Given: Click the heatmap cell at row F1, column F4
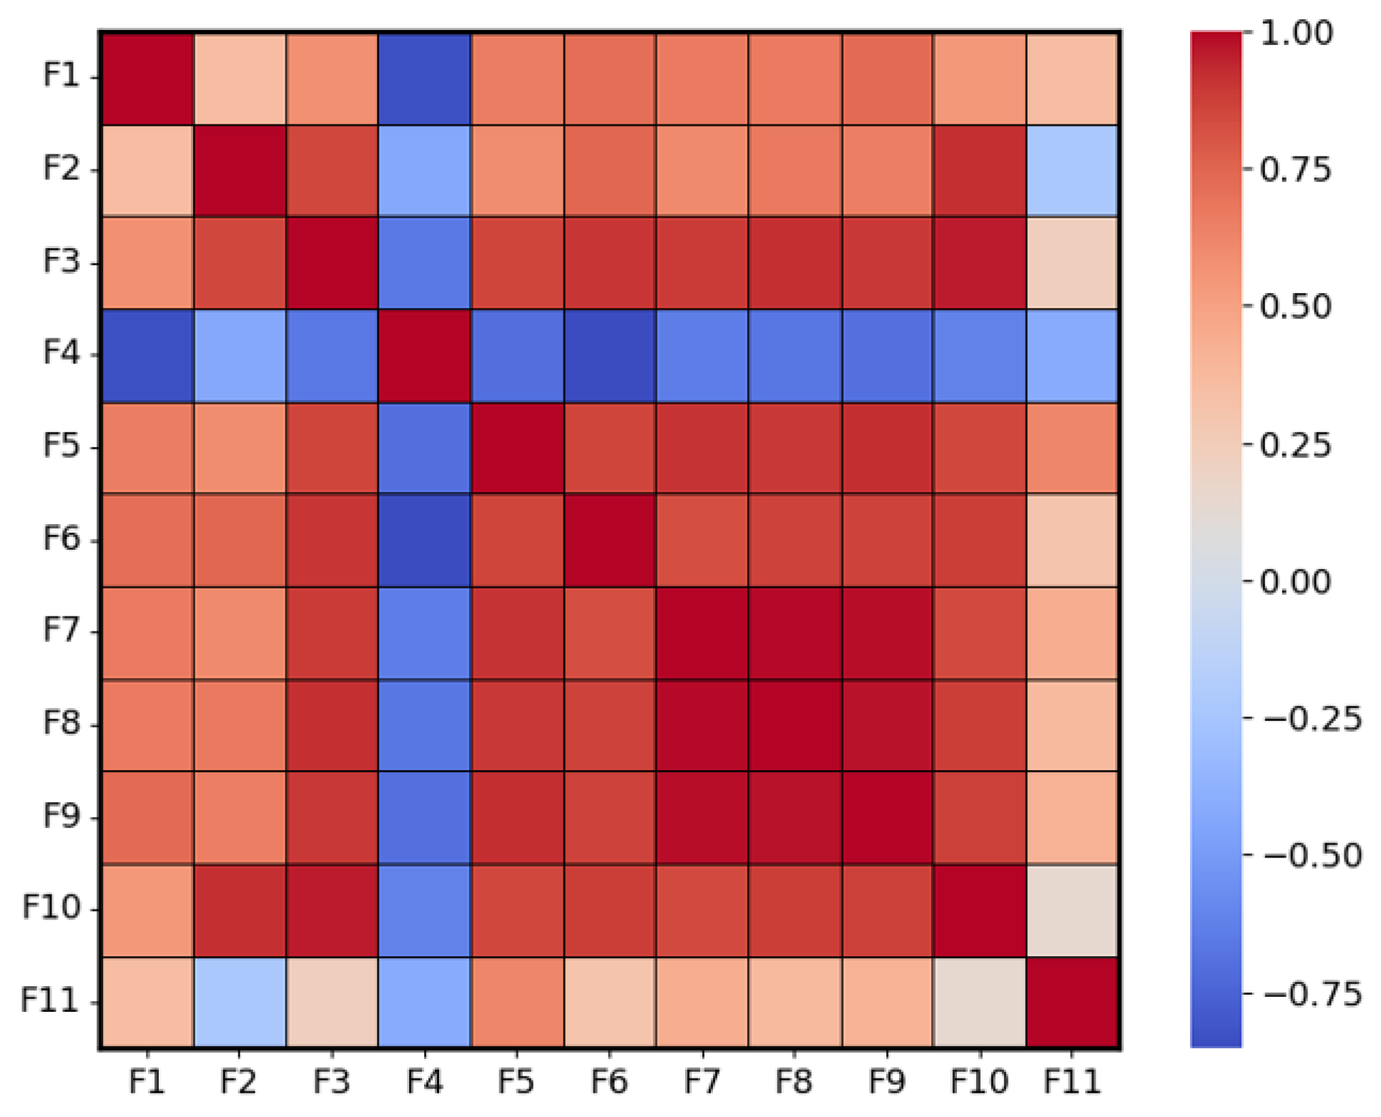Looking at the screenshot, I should click(425, 79).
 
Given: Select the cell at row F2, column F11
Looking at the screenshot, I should click(1072, 171).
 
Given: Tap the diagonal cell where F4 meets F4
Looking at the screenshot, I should click(425, 355).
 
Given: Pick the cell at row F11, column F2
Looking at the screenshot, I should click(240, 1003).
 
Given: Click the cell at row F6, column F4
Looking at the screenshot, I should click(425, 540).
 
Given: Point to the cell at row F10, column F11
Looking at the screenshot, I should click(1072, 910).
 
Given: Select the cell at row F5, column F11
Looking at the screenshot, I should click(1072, 448).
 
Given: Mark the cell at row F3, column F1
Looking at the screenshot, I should click(147, 263).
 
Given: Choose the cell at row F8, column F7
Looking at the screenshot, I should click(702, 725).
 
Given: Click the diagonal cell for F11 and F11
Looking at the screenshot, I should click(1072, 1003).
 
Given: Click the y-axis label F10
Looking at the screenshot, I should click(51, 907).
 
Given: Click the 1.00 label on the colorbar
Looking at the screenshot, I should click(1296, 33).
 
